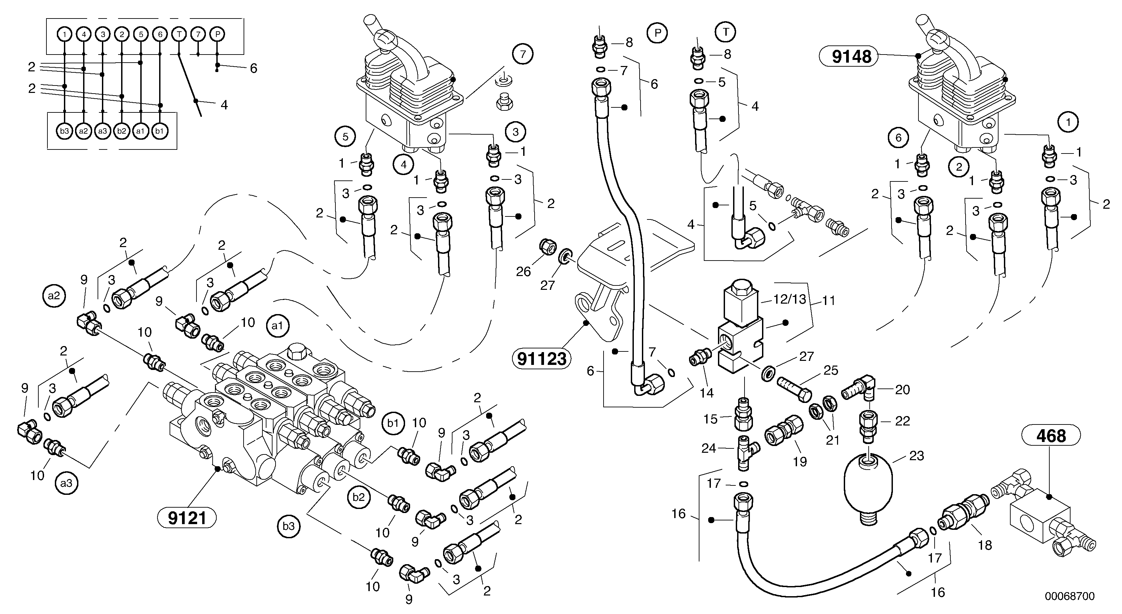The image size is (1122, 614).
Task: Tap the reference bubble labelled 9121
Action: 187,518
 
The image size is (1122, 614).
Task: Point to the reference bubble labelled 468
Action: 1051,436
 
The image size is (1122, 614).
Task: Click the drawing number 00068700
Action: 1069,596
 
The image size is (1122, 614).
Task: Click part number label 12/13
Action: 789,300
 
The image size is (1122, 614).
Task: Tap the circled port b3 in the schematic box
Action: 65,131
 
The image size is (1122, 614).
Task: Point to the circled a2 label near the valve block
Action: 54,296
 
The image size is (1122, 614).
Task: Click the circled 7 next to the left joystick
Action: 523,54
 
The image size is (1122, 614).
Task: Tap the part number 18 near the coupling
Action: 985,545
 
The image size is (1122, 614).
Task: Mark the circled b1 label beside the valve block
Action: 393,423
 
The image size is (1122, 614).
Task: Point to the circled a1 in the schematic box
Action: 141,131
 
